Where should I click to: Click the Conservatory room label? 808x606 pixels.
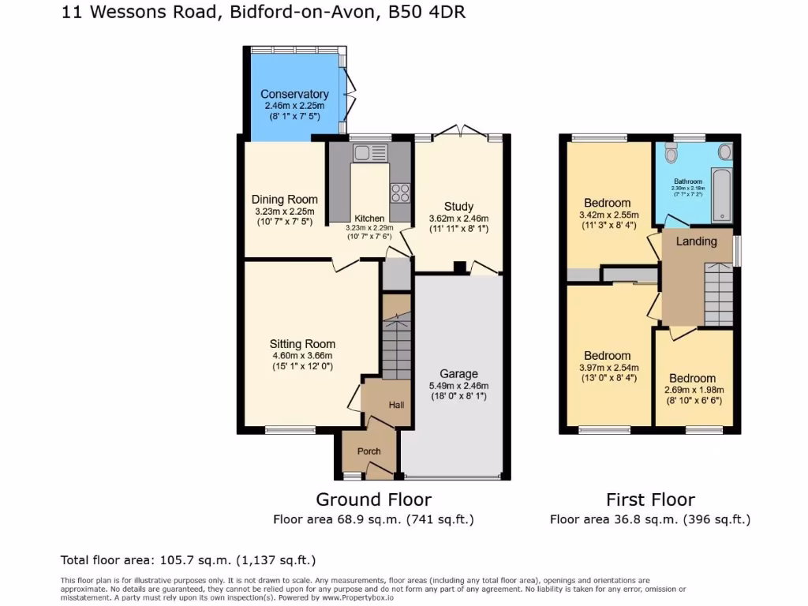coord(294,95)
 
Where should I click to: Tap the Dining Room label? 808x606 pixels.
coord(285,200)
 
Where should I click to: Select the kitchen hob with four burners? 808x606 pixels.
coord(399,192)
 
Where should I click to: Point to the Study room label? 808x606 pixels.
coord(458,207)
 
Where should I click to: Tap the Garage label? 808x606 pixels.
coord(458,373)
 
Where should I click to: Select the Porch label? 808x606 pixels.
coord(369,451)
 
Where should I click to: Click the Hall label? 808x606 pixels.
coord(396,405)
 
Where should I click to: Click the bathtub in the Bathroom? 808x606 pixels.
coord(721,193)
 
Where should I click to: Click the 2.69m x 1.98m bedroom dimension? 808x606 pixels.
coord(694,390)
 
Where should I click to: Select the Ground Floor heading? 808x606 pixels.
coord(373,499)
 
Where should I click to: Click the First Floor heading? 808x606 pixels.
coord(650,499)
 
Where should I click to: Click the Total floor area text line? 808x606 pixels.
coord(189,560)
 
